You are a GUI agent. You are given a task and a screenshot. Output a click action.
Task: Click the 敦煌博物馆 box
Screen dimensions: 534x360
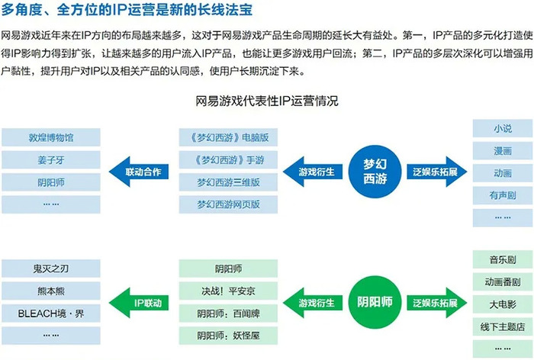click(x=51, y=137)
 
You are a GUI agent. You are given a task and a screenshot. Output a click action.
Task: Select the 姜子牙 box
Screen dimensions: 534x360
click(x=51, y=159)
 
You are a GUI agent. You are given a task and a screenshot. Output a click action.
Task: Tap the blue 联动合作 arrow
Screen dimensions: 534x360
click(x=139, y=172)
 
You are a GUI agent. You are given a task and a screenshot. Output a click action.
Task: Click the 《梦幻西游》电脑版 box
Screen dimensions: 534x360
click(x=228, y=137)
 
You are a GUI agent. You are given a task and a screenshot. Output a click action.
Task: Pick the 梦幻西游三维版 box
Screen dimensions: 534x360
click(x=228, y=182)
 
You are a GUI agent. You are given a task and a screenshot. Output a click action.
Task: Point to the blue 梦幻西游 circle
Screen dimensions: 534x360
click(x=375, y=172)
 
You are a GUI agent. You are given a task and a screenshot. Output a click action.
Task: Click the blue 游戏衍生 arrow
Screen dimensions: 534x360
click(x=313, y=172)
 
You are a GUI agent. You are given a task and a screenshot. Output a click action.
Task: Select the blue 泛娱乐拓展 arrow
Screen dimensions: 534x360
click(x=437, y=172)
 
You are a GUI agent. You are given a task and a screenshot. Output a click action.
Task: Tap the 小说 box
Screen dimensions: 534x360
click(x=503, y=128)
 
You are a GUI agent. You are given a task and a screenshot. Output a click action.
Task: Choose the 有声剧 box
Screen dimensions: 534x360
click(x=503, y=195)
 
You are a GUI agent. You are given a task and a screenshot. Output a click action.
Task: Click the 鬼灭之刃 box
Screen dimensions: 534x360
click(x=51, y=268)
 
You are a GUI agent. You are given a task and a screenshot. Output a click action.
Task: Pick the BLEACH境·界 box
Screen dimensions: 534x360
click(x=51, y=313)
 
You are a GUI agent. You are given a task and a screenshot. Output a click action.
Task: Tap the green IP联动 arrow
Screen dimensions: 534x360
click(x=139, y=303)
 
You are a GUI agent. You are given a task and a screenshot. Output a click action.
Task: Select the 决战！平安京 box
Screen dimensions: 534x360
click(x=228, y=291)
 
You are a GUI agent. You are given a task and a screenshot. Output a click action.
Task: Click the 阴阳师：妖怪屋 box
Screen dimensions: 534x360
click(x=228, y=336)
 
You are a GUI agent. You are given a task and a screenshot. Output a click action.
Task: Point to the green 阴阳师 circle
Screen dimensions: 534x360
click(x=375, y=303)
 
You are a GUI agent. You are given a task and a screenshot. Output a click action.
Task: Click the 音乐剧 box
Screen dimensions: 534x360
click(x=503, y=259)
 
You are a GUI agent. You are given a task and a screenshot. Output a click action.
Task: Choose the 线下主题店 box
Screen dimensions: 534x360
click(x=503, y=326)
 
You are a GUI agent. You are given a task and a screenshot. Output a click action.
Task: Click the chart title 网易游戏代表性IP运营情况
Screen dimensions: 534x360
click(x=267, y=101)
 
